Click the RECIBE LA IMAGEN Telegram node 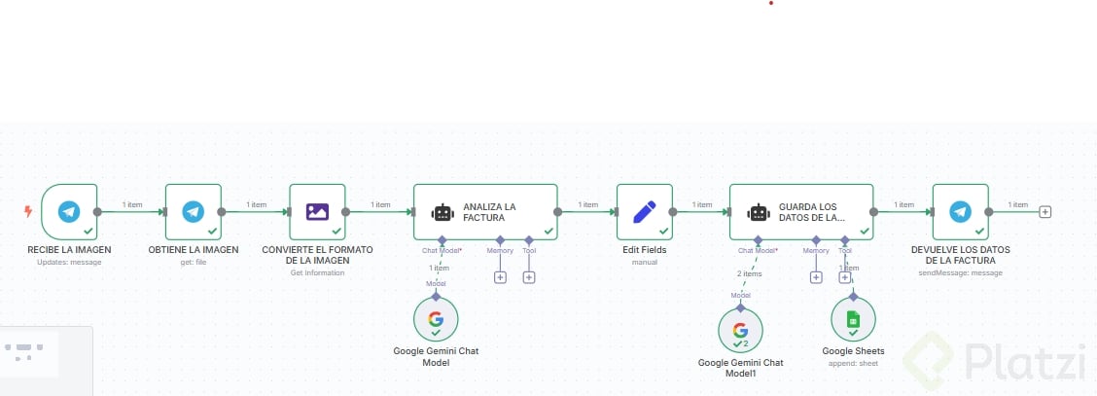coord(69,211)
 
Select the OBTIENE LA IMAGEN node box coord(194,211)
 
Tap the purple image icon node coord(318,211)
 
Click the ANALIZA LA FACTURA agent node coord(484,211)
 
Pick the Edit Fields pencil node coord(645,211)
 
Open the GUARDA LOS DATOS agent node coord(800,211)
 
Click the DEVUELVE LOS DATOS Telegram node coord(960,211)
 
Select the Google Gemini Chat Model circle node coord(436,319)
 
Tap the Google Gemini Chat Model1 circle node coord(740,331)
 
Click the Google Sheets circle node coord(853,319)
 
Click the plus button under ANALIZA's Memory coord(500,277)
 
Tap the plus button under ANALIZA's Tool coord(529,277)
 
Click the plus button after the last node coord(1045,211)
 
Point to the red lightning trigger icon coord(28,211)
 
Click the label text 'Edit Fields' coord(644,250)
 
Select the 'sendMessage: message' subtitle coord(960,273)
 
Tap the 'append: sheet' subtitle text coord(853,362)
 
